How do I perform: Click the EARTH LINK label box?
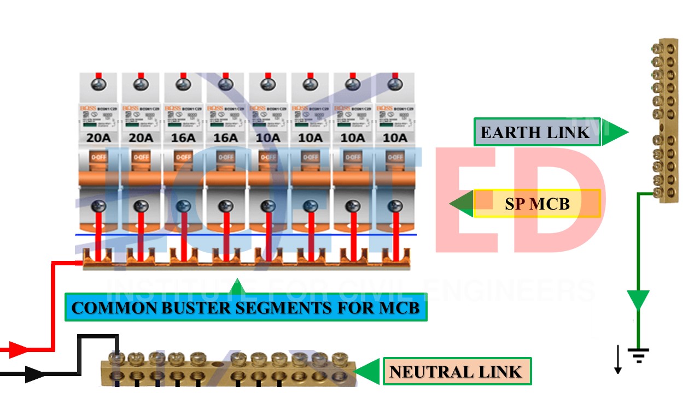[x=536, y=132]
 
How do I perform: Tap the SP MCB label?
[x=537, y=204]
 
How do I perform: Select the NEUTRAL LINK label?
[x=456, y=372]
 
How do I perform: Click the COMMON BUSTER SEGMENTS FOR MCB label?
[x=246, y=308]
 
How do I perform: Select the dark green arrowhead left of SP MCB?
[x=461, y=204]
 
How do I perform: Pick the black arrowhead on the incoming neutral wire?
[x=34, y=374]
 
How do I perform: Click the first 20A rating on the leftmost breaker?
[x=98, y=137]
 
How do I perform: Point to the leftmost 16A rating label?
[x=183, y=137]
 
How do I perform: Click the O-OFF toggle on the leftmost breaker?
[x=98, y=157]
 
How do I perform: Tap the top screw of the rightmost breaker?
[x=394, y=84]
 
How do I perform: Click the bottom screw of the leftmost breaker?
[x=98, y=206]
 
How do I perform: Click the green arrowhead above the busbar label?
[x=236, y=286]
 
